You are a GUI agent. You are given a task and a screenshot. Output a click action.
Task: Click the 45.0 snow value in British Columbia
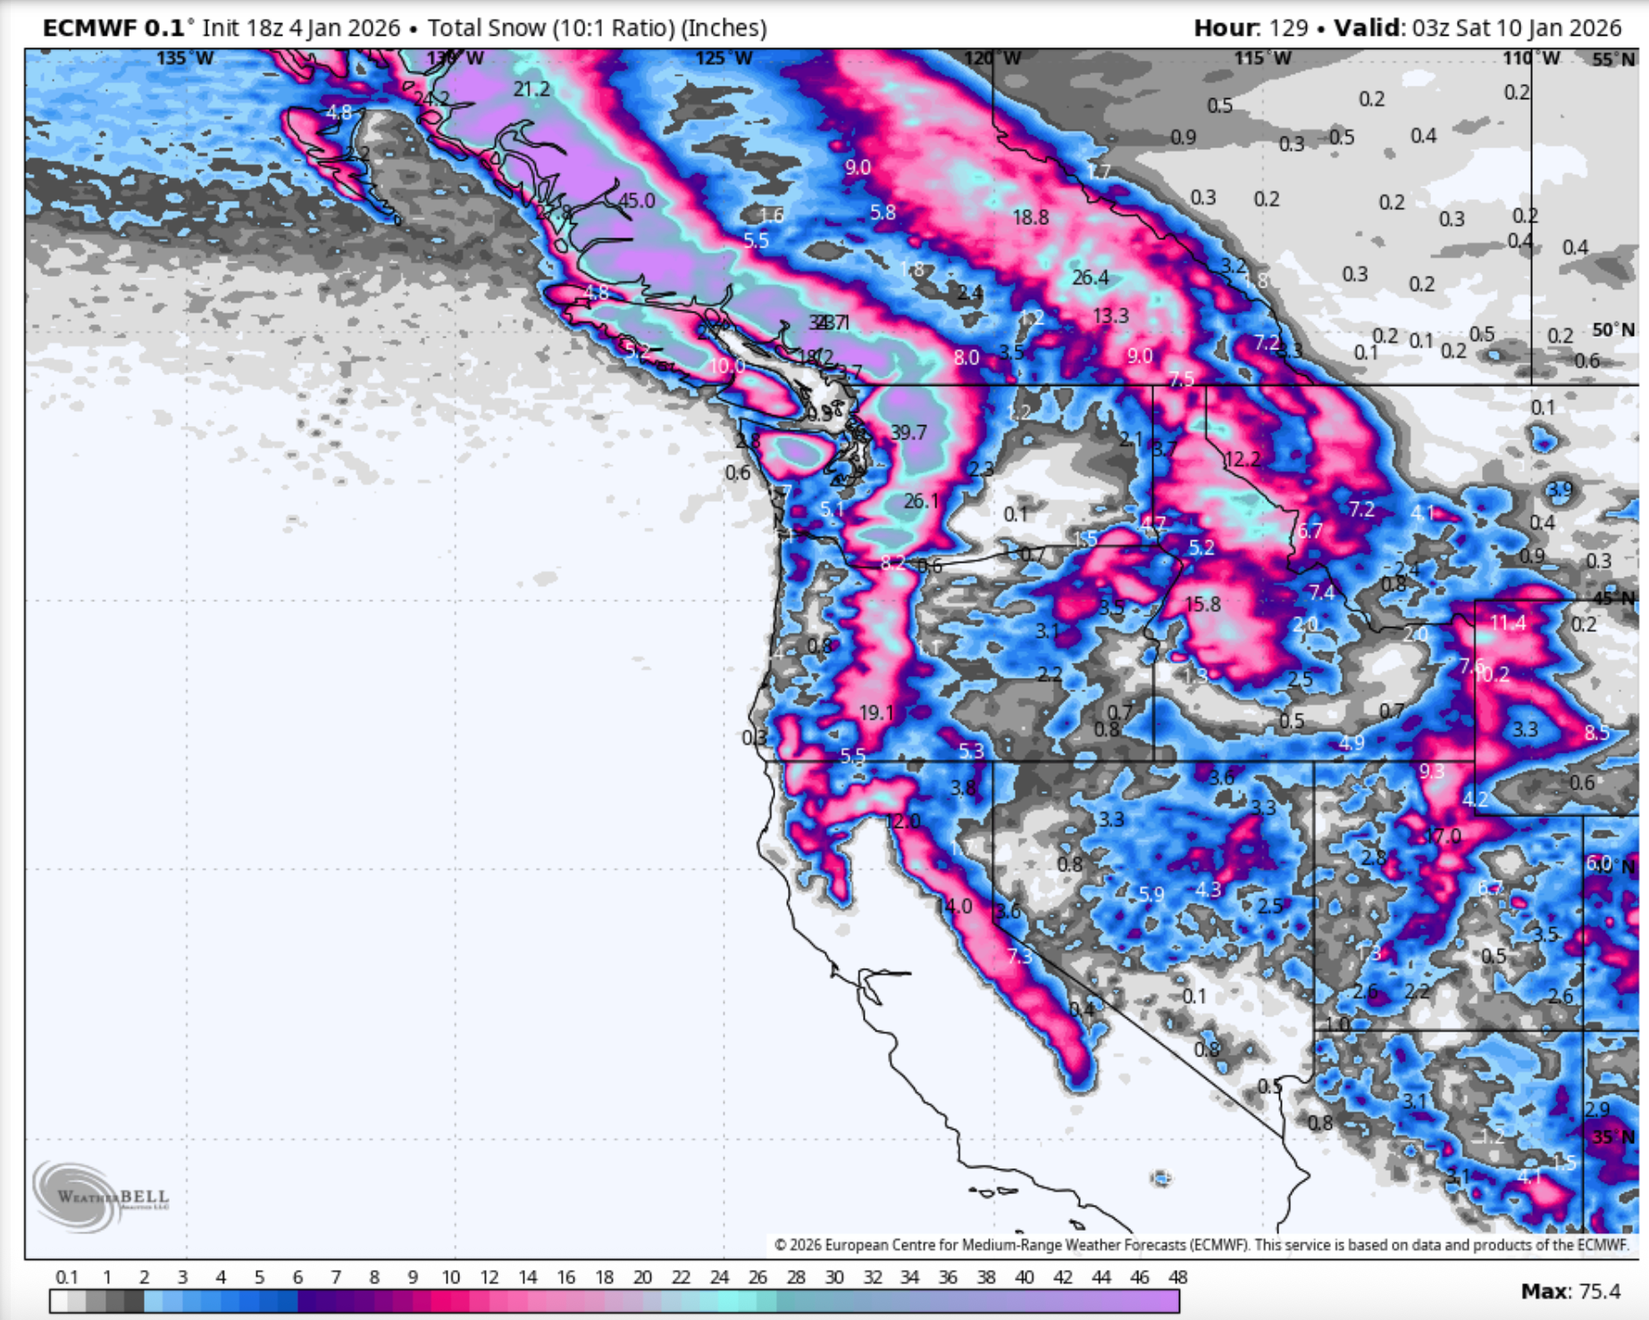(637, 201)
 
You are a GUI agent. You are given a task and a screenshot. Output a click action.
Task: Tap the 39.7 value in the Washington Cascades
(908, 433)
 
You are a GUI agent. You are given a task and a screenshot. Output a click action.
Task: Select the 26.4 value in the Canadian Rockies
(1090, 278)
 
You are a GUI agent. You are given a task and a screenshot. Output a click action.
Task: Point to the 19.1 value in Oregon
(876, 713)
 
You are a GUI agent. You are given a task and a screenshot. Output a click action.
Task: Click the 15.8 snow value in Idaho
(1202, 605)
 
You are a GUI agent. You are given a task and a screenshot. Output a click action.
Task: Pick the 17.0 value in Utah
(1444, 836)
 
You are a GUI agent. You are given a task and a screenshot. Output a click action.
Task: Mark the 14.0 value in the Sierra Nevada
(954, 906)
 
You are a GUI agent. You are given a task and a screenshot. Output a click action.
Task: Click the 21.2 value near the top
(532, 89)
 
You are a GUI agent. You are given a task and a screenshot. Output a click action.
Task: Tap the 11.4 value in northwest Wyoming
(1508, 622)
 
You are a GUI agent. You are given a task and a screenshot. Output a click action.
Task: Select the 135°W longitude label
(185, 59)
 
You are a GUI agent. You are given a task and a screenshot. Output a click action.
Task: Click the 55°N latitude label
(1613, 60)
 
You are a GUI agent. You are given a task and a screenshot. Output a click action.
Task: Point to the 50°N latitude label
(1613, 330)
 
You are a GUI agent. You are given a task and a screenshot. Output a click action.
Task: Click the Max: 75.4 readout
(1569, 1291)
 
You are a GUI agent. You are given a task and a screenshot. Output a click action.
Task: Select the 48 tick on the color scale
(1177, 1277)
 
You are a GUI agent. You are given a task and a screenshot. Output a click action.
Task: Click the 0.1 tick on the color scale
(67, 1277)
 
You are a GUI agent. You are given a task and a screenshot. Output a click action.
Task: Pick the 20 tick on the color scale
(642, 1277)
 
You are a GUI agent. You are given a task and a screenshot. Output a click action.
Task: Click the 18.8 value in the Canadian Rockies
(1030, 217)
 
